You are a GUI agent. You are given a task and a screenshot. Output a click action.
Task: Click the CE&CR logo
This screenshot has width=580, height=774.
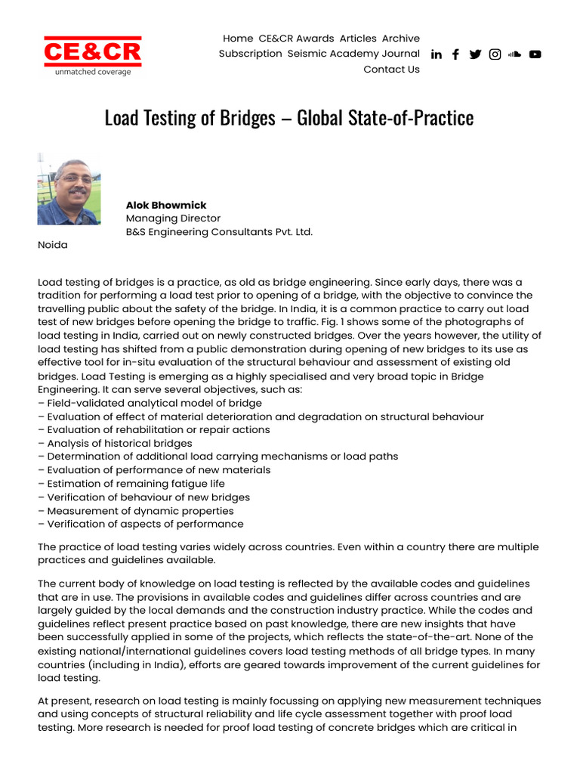point(92,55)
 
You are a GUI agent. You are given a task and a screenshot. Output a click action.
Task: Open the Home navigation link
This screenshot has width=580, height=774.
point(238,38)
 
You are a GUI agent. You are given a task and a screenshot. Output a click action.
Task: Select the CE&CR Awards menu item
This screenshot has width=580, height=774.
point(296,38)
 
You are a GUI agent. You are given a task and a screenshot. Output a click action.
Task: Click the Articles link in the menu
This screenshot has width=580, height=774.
point(358,38)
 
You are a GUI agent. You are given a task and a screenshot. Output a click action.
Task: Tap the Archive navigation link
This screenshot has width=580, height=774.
point(400,38)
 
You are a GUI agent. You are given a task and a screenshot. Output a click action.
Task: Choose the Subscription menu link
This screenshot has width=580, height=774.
point(250,54)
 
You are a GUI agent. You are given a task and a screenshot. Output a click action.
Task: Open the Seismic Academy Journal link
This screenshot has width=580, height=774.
point(353,54)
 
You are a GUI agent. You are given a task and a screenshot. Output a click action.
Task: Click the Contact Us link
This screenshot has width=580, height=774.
point(391,70)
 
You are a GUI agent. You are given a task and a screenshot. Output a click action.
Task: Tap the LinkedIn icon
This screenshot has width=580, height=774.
point(437,54)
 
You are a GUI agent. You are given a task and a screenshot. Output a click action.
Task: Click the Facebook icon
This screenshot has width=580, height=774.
point(455,54)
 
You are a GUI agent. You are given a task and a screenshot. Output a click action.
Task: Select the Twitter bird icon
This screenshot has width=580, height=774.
point(475,54)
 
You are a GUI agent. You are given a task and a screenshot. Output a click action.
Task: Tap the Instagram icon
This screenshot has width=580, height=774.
point(495,54)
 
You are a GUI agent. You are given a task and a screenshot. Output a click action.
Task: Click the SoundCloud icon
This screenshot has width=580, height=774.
point(515,54)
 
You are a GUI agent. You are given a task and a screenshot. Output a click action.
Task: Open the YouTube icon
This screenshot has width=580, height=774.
point(535,54)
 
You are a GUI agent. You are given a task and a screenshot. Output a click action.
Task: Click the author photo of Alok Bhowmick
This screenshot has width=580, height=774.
point(69,189)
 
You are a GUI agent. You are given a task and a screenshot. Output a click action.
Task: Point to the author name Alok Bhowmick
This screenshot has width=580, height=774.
point(166,205)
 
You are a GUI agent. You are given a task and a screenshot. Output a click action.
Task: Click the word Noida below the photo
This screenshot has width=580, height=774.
point(53,245)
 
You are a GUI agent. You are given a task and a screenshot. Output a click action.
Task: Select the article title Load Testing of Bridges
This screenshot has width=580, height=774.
point(289,118)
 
